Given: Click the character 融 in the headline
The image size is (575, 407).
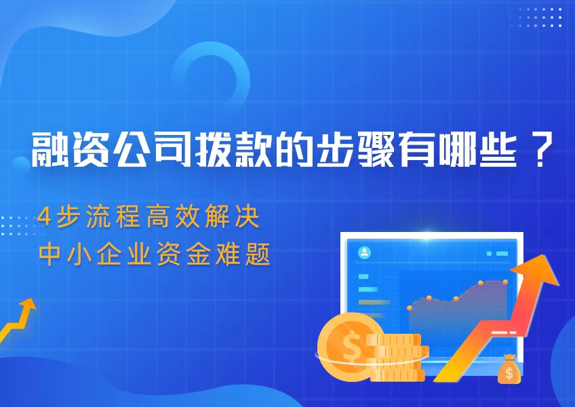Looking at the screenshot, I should tap(51, 150).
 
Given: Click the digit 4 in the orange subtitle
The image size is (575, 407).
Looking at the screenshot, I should tap(45, 218).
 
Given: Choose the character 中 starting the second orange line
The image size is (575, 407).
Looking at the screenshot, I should tap(49, 254).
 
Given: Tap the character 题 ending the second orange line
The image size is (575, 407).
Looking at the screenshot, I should tap(260, 254).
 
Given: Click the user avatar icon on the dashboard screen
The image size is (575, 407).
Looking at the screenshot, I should tap(365, 253).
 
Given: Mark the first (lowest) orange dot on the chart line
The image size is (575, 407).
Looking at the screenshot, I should tap(410, 308).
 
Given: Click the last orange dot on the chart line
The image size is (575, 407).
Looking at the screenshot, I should tap(504, 281).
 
